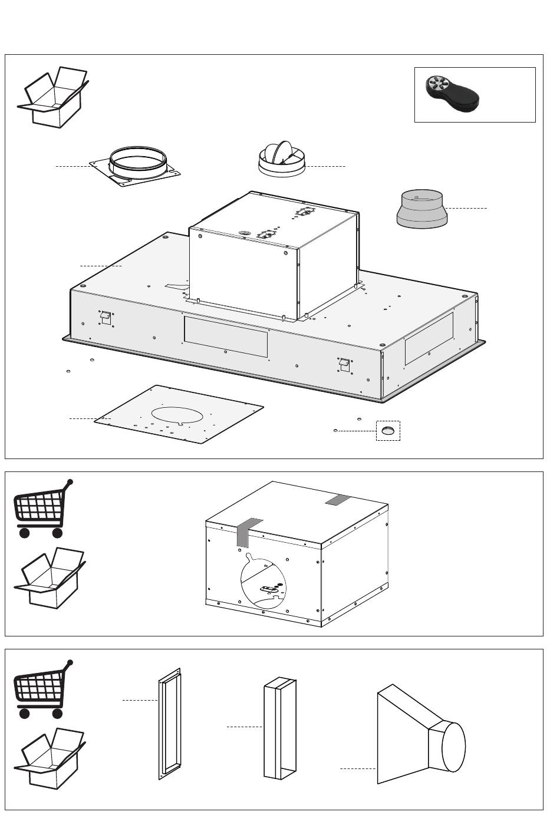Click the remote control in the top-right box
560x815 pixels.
pyautogui.click(x=453, y=95)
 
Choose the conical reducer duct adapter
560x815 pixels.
pyautogui.click(x=421, y=209)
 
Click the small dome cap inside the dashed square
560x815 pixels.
pyautogui.click(x=388, y=431)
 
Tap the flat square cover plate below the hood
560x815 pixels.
pyautogui.click(x=180, y=414)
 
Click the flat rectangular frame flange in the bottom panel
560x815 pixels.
pyautogui.click(x=169, y=724)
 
